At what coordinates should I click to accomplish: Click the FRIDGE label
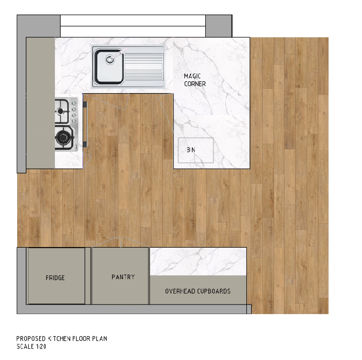[x=55, y=277]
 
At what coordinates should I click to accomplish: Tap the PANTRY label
[x=123, y=277]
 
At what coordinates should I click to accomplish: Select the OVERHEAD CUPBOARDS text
[x=198, y=291]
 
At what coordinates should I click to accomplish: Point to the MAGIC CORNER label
[x=195, y=80]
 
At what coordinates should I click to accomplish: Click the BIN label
[x=191, y=150]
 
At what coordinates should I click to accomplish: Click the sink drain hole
[x=110, y=60]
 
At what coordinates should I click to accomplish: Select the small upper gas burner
[x=61, y=111]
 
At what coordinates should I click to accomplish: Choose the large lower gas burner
[x=63, y=138]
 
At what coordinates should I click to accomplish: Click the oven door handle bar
[x=85, y=124]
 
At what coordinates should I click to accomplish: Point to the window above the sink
[x=133, y=26]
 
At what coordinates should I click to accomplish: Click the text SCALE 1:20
[x=32, y=346]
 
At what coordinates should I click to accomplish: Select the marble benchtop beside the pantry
[x=198, y=262]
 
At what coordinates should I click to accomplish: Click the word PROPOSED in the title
[x=31, y=338]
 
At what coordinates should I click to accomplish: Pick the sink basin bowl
[x=109, y=66]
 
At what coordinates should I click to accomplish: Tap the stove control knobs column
[x=74, y=112]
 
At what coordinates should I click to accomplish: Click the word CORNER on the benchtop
[x=195, y=84]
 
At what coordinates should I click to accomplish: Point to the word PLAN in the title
[x=99, y=338]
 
